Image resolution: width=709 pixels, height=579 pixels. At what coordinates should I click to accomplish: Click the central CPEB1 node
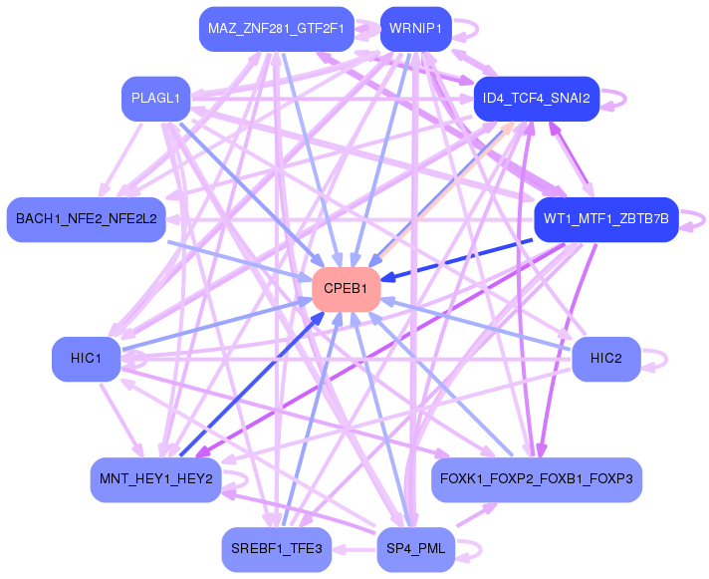coord(346,289)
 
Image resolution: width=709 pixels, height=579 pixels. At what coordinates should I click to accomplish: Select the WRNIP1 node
coord(415,29)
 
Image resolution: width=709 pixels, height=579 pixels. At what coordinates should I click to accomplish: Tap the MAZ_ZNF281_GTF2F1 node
coord(276,29)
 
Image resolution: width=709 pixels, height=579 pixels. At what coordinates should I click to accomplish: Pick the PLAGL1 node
coord(155,99)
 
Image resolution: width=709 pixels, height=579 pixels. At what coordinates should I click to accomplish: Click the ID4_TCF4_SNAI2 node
coord(537,99)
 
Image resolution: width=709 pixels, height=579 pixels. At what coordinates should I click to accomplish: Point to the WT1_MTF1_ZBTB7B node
coord(605,219)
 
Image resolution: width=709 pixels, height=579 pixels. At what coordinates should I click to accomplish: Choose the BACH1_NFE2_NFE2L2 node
coord(86,219)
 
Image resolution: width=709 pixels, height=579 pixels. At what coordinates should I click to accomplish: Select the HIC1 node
coord(86,359)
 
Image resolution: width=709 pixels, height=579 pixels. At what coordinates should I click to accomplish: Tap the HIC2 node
coord(605,359)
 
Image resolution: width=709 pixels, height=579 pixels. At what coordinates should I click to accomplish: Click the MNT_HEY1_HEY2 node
coord(155,479)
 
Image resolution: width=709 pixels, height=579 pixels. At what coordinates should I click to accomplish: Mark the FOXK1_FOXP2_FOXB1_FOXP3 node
coord(537,479)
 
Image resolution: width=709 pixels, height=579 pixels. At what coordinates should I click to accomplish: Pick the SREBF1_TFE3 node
coord(276,549)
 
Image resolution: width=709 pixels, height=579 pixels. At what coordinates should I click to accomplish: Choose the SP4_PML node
coord(415,549)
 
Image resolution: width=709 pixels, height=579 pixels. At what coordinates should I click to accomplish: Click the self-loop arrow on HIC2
coord(666,360)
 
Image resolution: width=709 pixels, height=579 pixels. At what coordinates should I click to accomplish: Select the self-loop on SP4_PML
coord(480,550)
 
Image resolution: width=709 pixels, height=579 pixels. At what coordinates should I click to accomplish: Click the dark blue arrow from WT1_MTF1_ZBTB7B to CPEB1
coord(457,260)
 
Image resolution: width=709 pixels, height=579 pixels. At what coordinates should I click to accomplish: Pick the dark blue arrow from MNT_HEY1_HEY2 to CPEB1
coord(252,384)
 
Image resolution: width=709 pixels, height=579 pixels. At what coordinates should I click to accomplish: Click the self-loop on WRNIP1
coord(477,30)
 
